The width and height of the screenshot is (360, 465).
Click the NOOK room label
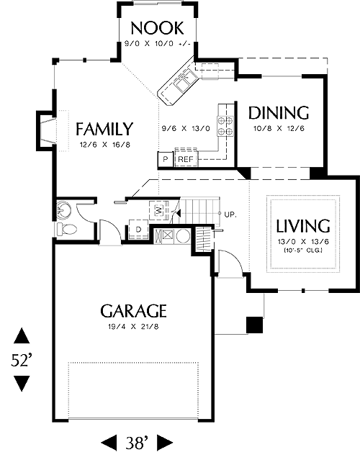point(157,28)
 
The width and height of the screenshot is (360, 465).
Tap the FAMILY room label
point(104,129)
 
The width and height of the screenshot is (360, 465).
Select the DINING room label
point(279,113)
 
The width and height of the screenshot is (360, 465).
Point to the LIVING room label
point(303,226)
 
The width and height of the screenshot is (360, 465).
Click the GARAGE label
point(133,311)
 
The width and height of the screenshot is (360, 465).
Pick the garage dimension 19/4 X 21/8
point(133,327)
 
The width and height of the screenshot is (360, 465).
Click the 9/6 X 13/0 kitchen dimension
point(186,128)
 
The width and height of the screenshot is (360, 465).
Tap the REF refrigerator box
point(186,159)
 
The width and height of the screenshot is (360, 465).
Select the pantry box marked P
point(166,159)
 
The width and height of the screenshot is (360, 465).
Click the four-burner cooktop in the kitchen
point(225,126)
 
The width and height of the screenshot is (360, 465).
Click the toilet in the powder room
point(67,229)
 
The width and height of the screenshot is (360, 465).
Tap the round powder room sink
point(63,209)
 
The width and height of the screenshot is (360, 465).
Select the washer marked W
point(159,210)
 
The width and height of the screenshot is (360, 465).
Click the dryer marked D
point(138,229)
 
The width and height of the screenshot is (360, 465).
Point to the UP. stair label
point(230,215)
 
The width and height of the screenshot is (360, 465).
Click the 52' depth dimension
point(22,360)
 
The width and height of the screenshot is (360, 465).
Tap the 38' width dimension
point(136,443)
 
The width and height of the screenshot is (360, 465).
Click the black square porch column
point(254,325)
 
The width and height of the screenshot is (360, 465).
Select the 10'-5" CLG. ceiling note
point(303,250)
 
